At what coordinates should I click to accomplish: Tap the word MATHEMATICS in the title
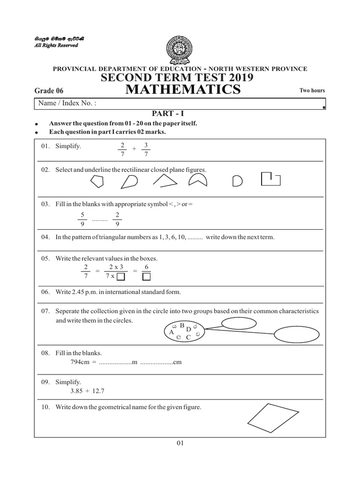click(184, 90)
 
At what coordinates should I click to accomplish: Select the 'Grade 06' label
click(49, 91)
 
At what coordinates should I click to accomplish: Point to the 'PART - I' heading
click(165, 113)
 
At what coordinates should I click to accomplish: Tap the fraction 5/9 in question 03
click(82, 219)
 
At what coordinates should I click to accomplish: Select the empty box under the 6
click(146, 277)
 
